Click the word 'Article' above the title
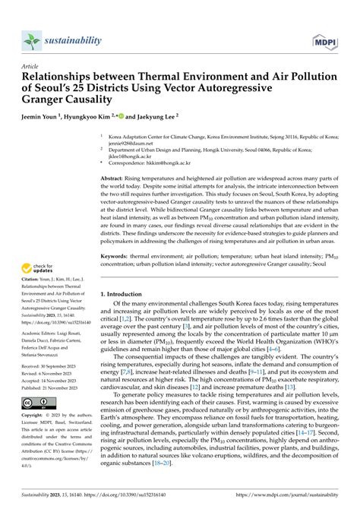pos(31,66)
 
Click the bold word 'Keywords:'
pos(116,257)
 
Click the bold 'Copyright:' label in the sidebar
pos(36,417)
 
